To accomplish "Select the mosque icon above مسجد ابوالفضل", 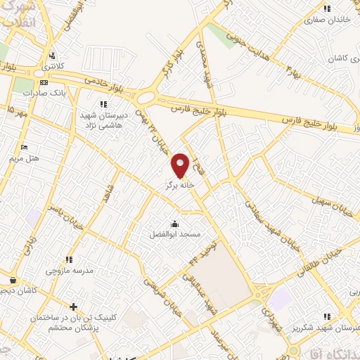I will point(174,224).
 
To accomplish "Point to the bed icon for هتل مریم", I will point(25,147).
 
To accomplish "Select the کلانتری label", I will point(52,66).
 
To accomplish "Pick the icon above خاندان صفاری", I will point(326,8).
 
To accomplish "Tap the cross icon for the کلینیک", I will point(73,307).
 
